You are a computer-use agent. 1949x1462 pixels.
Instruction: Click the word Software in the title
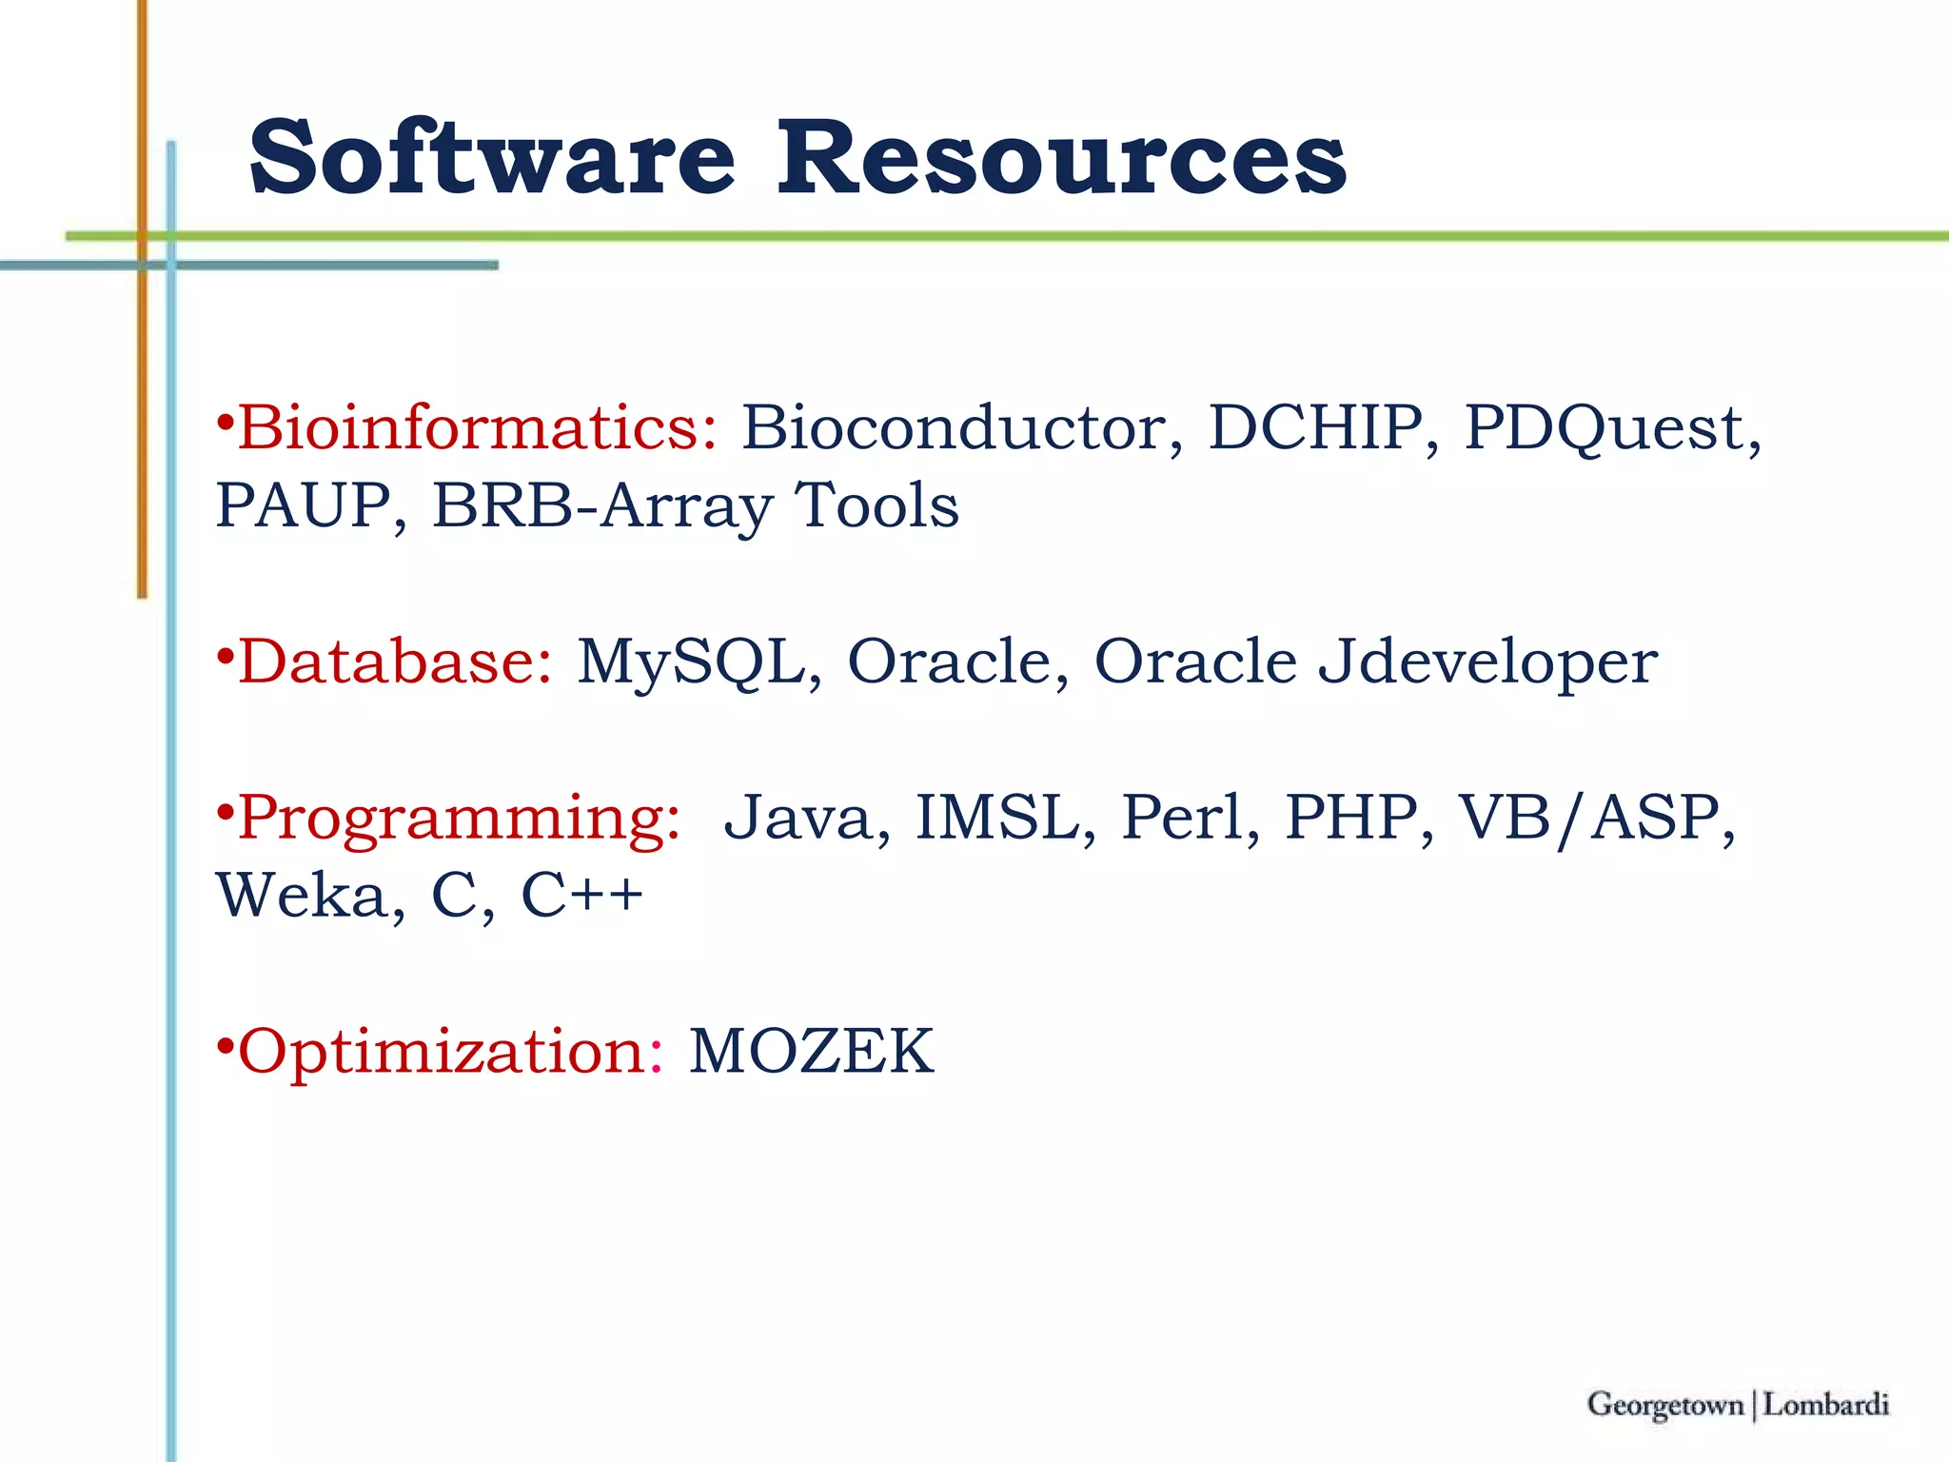pyautogui.click(x=492, y=158)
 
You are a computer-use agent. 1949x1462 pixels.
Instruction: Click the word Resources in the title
pyautogui.click(x=1060, y=158)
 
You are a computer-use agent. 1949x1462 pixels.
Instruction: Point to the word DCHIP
pyautogui.click(x=1315, y=427)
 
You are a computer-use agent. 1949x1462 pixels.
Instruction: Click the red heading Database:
pyautogui.click(x=394, y=662)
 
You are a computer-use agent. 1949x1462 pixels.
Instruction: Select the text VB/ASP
pyautogui.click(x=1588, y=818)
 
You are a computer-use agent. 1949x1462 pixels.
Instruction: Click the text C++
pyautogui.click(x=581, y=896)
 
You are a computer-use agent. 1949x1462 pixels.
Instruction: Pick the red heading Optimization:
pyautogui.click(x=449, y=1052)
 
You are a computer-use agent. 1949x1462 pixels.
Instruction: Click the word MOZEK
pyautogui.click(x=811, y=1052)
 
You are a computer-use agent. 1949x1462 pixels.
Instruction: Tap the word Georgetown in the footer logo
pyautogui.click(x=1665, y=1405)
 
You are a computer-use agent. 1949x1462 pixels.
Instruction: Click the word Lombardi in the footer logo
pyautogui.click(x=1825, y=1405)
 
